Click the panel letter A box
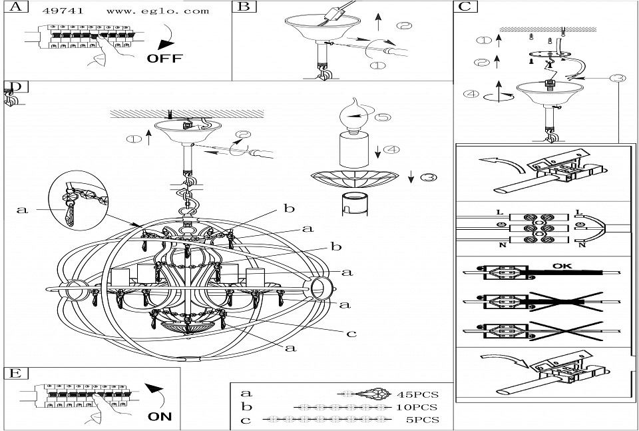pos(16,7)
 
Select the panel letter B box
pos(244,7)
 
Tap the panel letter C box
pos(465,7)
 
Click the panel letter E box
pos(16,374)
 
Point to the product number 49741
pos(63,11)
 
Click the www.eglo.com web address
pos(158,11)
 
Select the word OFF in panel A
pos(164,59)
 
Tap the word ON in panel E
pos(160,417)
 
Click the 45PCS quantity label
pos(418,395)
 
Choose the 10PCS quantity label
pos(417,407)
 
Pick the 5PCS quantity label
pos(423,420)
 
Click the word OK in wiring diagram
pos(562,266)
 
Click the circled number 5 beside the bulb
pos(383,117)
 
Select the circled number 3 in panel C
pos(618,78)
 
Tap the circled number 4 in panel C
pos(471,94)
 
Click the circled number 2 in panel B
pos(404,26)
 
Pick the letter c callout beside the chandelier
pos(351,334)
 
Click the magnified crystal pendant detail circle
pos(79,201)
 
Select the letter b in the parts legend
pos(246,407)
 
